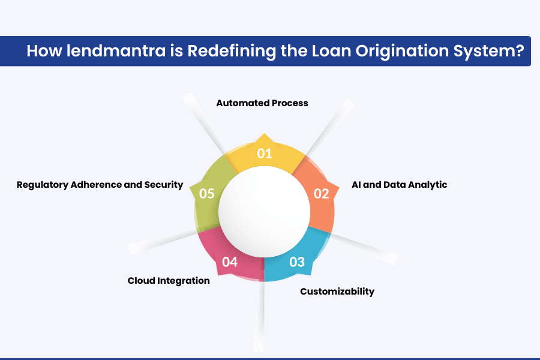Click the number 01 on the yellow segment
tap(265, 154)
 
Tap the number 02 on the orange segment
tap(322, 194)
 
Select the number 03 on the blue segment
tap(297, 262)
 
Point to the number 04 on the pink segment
tap(230, 262)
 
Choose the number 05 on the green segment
tap(206, 194)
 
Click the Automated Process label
tap(262, 103)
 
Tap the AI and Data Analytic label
tap(400, 185)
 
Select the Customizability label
tap(337, 292)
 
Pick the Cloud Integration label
tap(169, 281)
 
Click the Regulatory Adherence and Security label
tap(100, 185)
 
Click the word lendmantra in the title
tap(116, 50)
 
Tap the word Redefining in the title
tap(232, 52)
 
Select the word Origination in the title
tap(402, 52)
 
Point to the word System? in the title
tap(488, 52)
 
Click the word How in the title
tap(44, 50)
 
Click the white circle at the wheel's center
tap(264, 212)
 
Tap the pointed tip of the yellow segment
tap(264, 133)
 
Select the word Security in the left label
tap(164, 185)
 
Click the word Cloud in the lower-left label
tap(141, 281)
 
